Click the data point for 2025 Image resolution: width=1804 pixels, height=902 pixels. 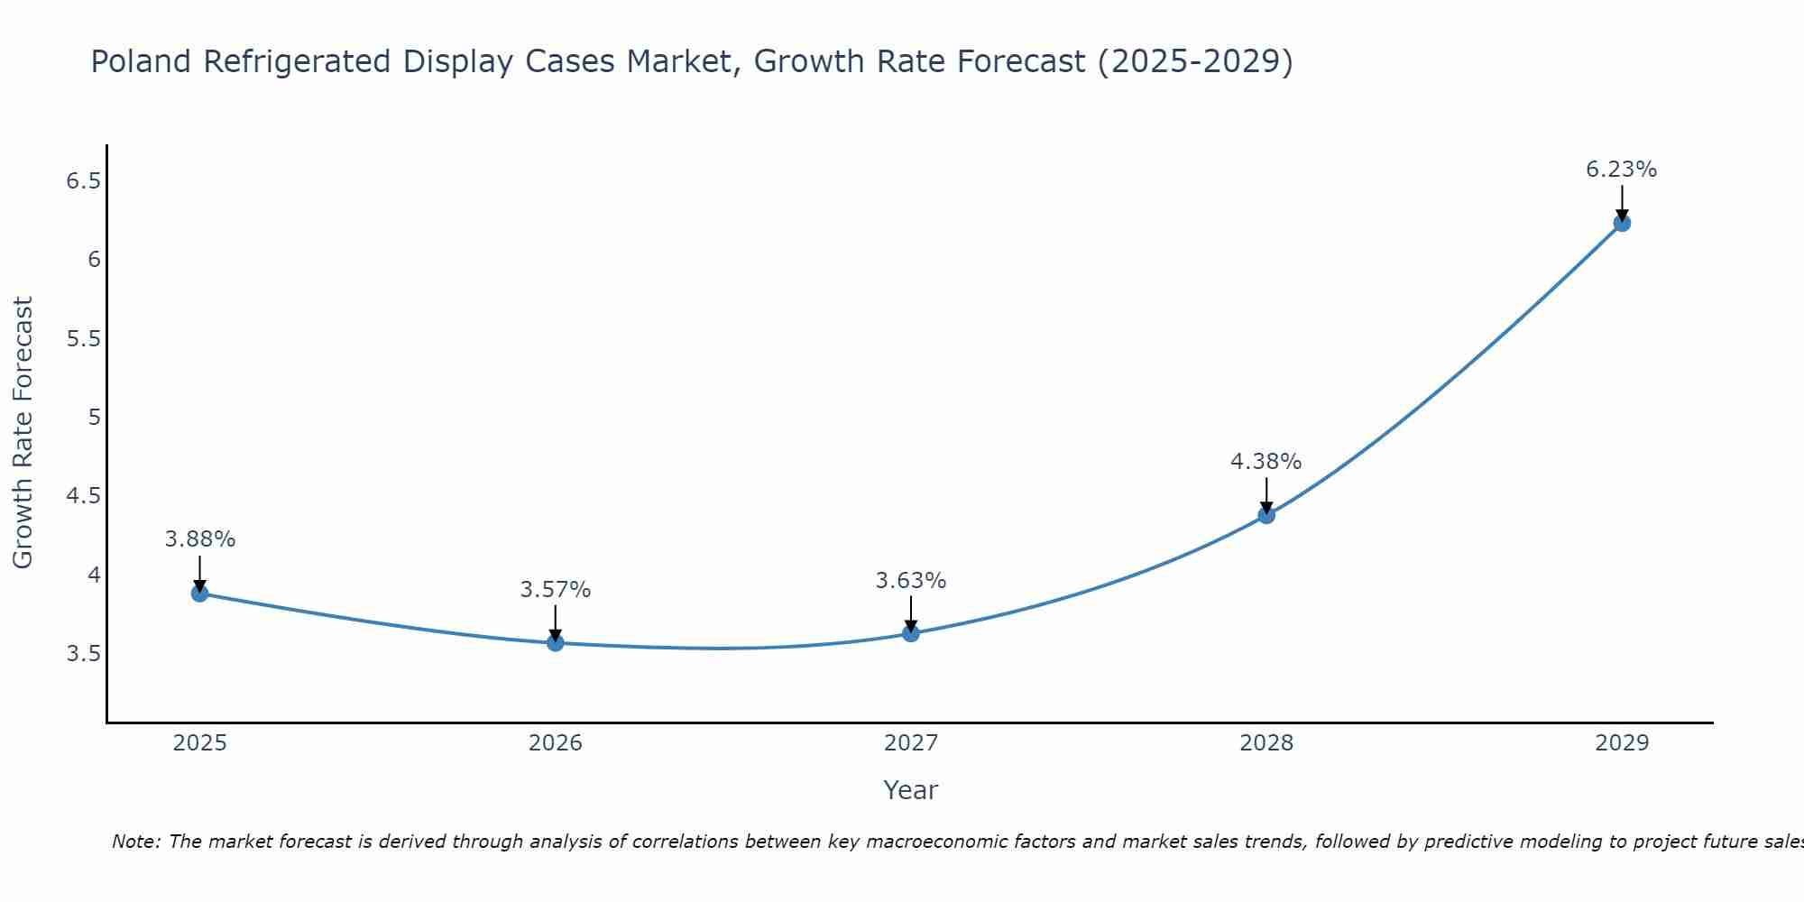click(x=199, y=594)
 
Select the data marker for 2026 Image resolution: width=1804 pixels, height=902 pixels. click(x=556, y=643)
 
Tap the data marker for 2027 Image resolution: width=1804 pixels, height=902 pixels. click(x=911, y=633)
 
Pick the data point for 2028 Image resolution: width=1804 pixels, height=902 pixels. click(x=1266, y=515)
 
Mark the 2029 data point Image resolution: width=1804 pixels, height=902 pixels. click(x=1622, y=223)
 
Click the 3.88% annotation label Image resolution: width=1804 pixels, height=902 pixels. click(x=200, y=539)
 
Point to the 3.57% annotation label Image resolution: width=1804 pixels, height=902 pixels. click(x=556, y=590)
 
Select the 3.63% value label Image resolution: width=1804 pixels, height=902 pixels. click(x=911, y=581)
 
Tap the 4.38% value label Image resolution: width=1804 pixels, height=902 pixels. click(x=1266, y=462)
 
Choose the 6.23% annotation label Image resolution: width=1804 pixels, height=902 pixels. click(x=1622, y=170)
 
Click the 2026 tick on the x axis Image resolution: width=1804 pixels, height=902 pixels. click(x=556, y=743)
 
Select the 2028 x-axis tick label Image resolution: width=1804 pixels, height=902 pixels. click(x=1266, y=743)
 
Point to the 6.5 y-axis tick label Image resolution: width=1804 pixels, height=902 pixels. click(x=83, y=181)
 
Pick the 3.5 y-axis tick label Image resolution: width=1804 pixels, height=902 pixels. click(x=83, y=654)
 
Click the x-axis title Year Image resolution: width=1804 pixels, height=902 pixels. click(x=911, y=790)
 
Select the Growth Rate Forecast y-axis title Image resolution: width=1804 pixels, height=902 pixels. click(x=23, y=433)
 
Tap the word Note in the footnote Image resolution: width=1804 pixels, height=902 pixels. click(x=135, y=842)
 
